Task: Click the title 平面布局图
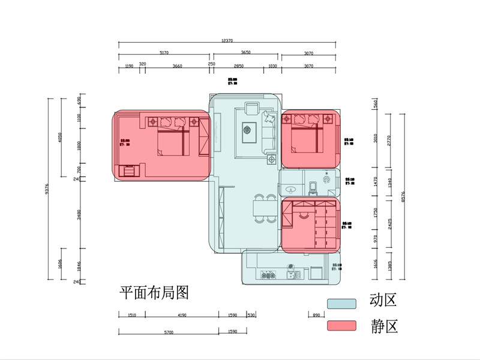point(154,293)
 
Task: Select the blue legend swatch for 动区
point(341,304)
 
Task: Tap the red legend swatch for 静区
point(341,326)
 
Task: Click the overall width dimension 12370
point(227,40)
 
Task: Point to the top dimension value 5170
point(164,53)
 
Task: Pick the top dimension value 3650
point(246,53)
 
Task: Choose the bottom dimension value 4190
point(182,315)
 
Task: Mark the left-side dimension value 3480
point(79,214)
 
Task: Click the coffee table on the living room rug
point(247,130)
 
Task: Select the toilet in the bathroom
point(313,190)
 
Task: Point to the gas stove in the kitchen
point(268,275)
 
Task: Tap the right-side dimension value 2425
point(391,223)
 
